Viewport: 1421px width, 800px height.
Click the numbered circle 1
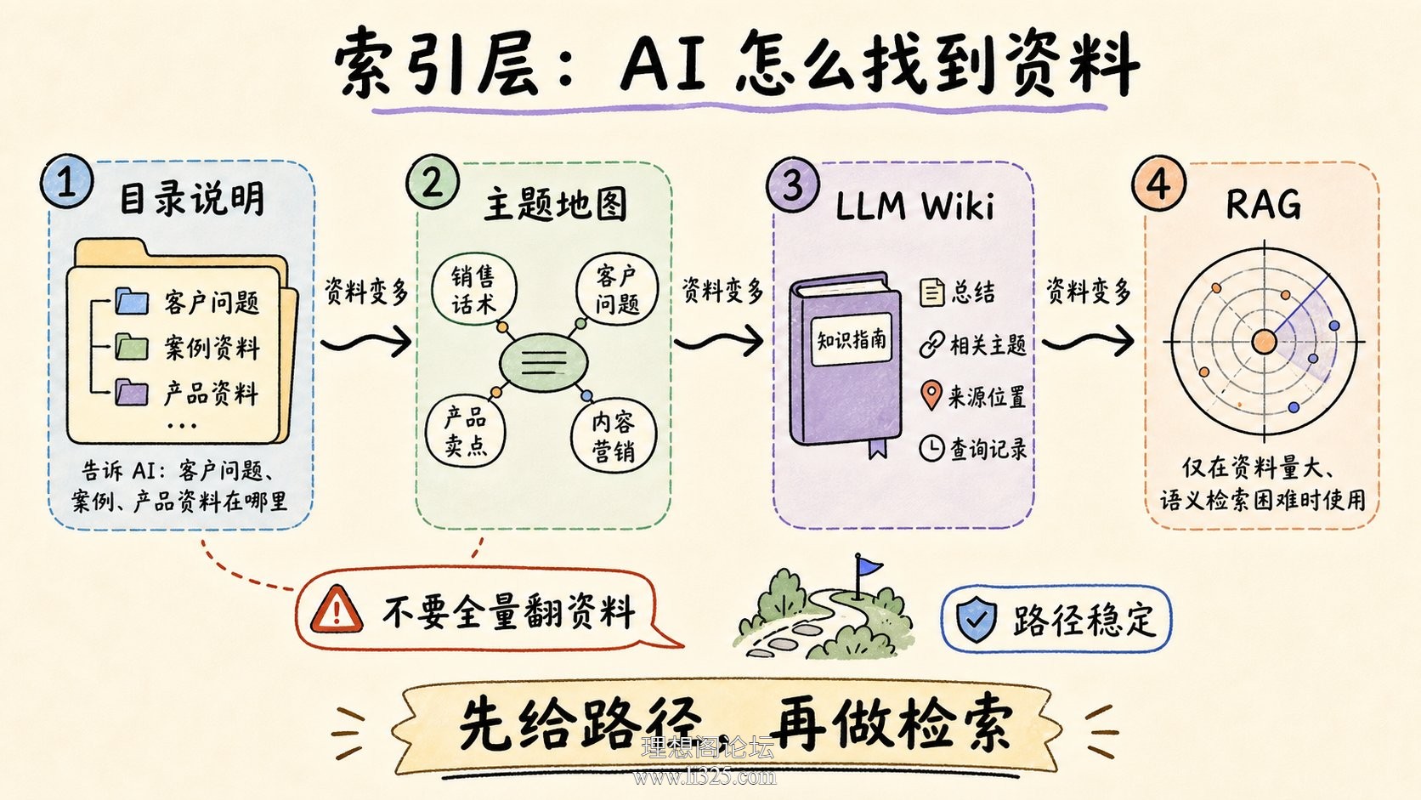[66, 181]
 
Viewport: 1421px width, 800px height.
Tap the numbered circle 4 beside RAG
[1158, 184]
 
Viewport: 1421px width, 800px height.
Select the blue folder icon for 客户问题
[132, 301]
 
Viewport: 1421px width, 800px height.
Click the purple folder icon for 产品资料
[132, 392]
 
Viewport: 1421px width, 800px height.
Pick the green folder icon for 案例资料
[132, 346]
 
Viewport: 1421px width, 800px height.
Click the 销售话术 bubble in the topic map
[474, 289]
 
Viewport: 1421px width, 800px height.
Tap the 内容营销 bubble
[614, 436]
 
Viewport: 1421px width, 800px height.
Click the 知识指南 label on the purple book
[851, 340]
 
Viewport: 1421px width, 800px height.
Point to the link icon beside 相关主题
[932, 344]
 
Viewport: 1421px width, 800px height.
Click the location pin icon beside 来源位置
[931, 395]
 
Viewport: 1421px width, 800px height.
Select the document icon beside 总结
[931, 292]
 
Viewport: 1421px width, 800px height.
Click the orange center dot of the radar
[1264, 342]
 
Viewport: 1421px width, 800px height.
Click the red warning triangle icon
[337, 610]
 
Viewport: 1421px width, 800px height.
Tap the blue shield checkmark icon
[977, 619]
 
